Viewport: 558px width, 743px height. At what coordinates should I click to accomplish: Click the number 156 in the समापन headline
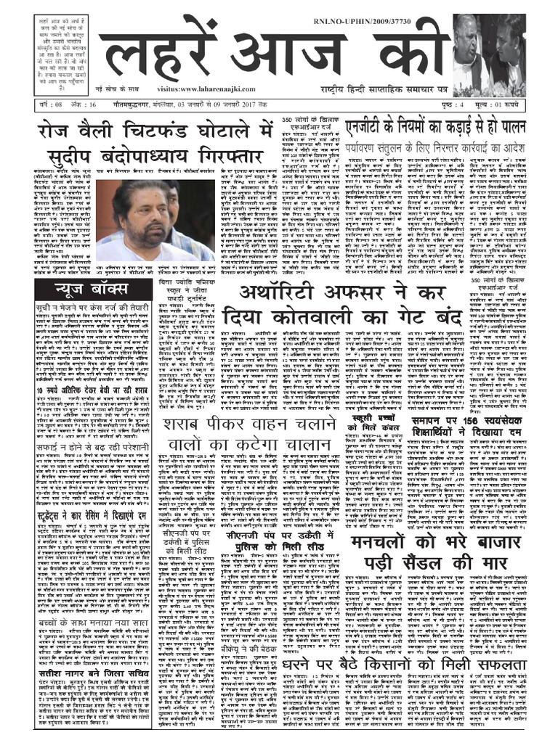[458, 420]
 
